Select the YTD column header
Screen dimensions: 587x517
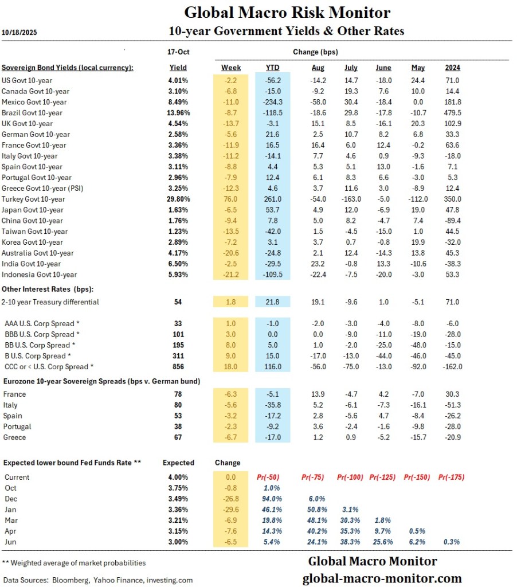point(273,68)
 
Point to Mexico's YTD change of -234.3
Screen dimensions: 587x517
point(273,102)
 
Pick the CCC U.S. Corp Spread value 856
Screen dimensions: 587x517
point(178,367)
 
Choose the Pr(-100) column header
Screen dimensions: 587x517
point(350,477)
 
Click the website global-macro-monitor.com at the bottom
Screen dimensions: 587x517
point(382,578)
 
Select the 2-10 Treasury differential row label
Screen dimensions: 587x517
point(50,302)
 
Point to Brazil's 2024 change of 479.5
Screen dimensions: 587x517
point(452,113)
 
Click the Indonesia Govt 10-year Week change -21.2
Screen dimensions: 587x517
point(231,275)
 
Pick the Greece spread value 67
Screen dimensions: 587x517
point(178,437)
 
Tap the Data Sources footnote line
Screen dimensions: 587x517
point(97,580)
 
